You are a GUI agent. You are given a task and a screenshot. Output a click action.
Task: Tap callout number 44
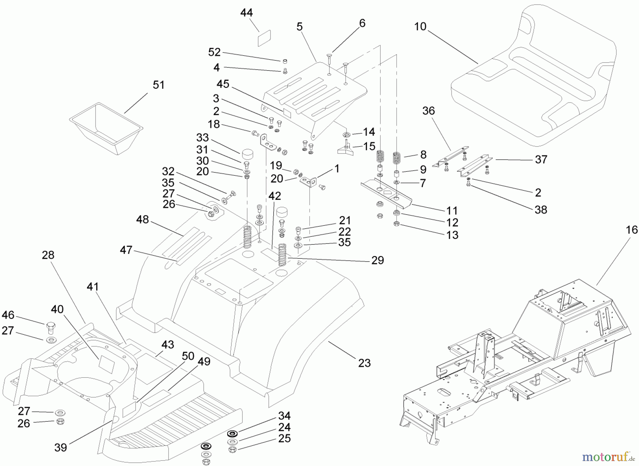point(246,13)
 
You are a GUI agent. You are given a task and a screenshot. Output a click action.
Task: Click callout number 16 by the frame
point(632,230)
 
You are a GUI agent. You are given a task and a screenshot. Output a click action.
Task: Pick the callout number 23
point(364,363)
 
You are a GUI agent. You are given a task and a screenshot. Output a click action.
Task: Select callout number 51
point(158,85)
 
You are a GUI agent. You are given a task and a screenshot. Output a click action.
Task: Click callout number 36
point(428,111)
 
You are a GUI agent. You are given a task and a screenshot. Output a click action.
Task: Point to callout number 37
point(541,160)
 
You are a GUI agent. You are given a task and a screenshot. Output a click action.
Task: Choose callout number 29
point(378,261)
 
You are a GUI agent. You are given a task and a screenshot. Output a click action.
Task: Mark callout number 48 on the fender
point(142,220)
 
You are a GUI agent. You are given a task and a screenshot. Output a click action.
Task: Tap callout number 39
point(61,448)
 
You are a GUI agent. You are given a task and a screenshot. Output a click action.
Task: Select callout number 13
point(452,235)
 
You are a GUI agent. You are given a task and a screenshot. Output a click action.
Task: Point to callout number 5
point(300,27)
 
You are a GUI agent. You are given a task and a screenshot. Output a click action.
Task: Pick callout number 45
point(223,84)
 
